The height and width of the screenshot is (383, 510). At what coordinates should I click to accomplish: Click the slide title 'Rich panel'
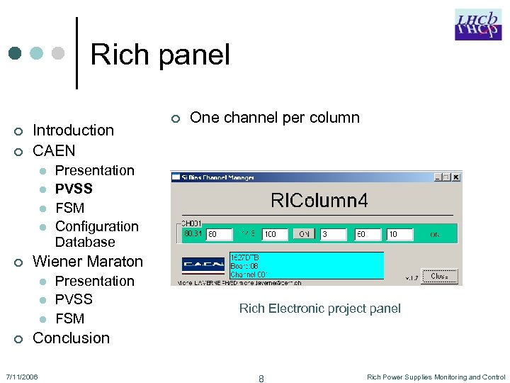coord(160,55)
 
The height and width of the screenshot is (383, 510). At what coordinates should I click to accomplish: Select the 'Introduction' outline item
coord(73,130)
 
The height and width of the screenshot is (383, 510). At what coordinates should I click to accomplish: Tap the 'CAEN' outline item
coord(54,150)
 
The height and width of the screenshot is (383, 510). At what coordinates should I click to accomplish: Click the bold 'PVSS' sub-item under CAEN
coord(74,189)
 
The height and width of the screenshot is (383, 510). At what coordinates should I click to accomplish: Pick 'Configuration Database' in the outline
coord(96,234)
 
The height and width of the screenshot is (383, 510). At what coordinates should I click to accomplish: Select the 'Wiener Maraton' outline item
coord(88,261)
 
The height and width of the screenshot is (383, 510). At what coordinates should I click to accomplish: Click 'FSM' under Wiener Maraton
coord(69,318)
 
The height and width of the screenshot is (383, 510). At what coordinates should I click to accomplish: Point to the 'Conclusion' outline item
coord(71,338)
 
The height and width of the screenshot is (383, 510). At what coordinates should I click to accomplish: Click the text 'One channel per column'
coord(275,118)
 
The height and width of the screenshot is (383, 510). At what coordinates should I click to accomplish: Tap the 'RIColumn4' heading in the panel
coord(319,200)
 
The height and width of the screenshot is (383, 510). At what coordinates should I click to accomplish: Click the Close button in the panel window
coord(439,276)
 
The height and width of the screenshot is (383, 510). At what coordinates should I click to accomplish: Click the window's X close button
coord(455,177)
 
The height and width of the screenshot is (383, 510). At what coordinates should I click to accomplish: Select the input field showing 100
coord(276,233)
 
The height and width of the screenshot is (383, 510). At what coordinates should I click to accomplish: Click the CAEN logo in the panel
coord(203,265)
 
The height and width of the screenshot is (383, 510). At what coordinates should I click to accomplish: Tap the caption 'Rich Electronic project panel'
coord(319,308)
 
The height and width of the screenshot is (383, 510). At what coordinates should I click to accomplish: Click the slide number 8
coord(261,379)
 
